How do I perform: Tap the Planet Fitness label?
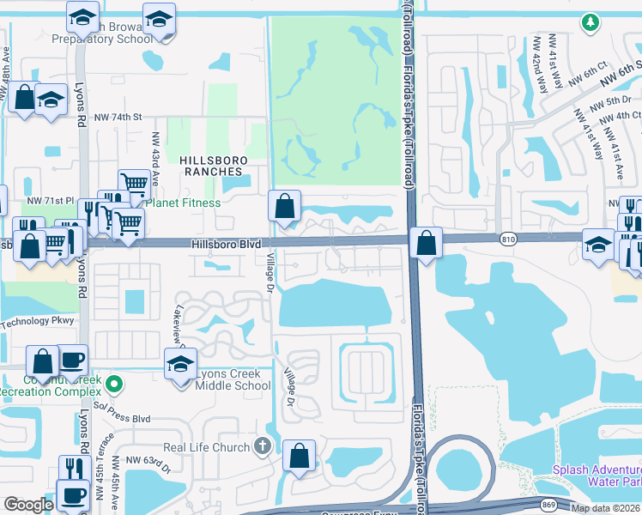point(183,203)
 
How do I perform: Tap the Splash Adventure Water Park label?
point(595,476)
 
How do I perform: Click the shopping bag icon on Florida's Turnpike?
point(426,243)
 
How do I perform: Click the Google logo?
point(27,505)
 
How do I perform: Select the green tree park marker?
point(589,21)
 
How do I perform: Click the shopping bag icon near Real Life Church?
point(299,456)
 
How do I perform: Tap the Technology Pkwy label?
point(39,321)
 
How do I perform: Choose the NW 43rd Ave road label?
point(156,159)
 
